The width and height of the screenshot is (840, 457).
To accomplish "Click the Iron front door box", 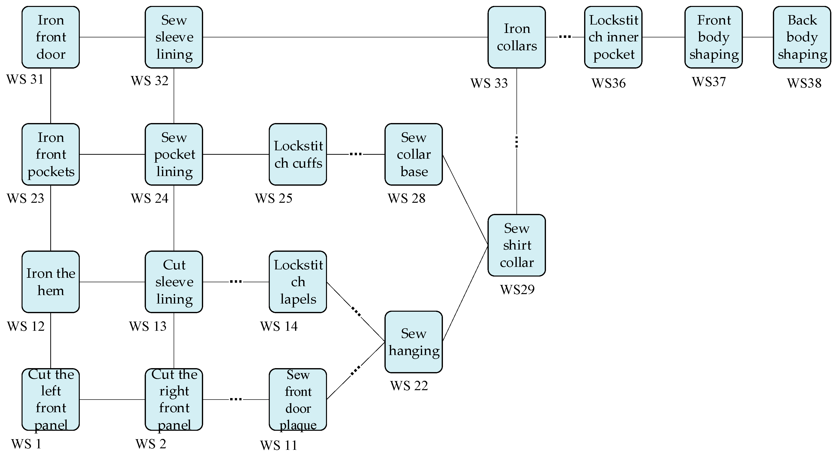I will [x=51, y=37].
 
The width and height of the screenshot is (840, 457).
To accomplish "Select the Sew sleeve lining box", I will [x=174, y=37].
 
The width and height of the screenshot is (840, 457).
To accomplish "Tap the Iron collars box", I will [x=516, y=37].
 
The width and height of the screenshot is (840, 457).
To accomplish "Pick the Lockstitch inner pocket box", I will [x=613, y=37].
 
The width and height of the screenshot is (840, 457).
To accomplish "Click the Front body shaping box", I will [x=713, y=37].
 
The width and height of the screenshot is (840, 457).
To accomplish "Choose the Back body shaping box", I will [x=802, y=37].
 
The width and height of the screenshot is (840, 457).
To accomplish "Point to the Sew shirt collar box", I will [x=516, y=245].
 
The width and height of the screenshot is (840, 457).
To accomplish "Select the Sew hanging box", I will [x=413, y=342].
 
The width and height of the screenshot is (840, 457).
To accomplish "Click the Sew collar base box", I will [x=413, y=154].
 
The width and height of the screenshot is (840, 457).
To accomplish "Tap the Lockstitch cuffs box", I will [x=298, y=154].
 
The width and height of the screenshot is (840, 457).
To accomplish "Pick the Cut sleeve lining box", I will [x=174, y=282].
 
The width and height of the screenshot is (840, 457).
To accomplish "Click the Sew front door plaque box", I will [x=298, y=399].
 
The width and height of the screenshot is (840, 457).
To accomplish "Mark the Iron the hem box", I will [x=51, y=282].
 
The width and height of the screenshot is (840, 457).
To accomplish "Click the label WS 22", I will [x=409, y=386].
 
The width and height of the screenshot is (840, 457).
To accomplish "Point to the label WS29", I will [x=517, y=289].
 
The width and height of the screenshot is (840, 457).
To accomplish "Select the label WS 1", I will [x=26, y=444].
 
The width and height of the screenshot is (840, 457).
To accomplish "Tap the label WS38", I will [x=804, y=83].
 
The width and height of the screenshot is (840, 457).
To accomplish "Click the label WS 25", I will [x=273, y=198].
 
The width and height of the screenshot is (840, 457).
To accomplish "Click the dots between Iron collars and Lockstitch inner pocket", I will [x=565, y=37].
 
